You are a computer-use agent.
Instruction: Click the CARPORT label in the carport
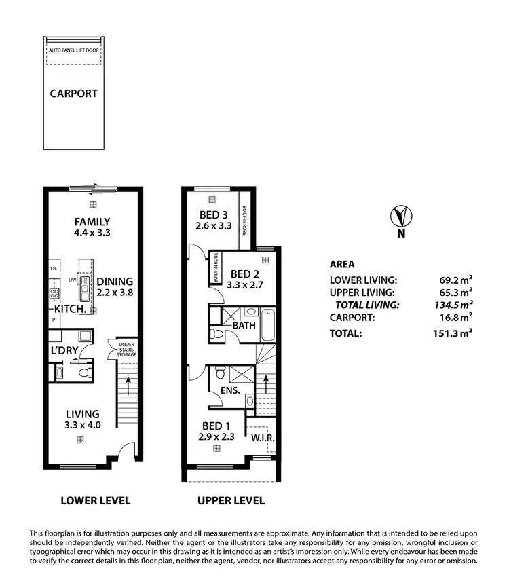coord(73,94)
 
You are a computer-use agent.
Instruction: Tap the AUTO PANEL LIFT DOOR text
coord(73,50)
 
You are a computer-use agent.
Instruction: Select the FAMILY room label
coord(92,221)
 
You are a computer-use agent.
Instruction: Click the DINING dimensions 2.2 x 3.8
coord(115,293)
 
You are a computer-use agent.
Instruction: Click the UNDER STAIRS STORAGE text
coord(127,350)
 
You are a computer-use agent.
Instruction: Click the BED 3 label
coord(211,216)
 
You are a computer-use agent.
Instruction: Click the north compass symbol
coord(401,217)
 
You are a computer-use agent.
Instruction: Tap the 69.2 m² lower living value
coord(456,280)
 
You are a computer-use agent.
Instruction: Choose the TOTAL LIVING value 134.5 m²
coord(453,305)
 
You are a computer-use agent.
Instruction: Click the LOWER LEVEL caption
coord(95,501)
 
